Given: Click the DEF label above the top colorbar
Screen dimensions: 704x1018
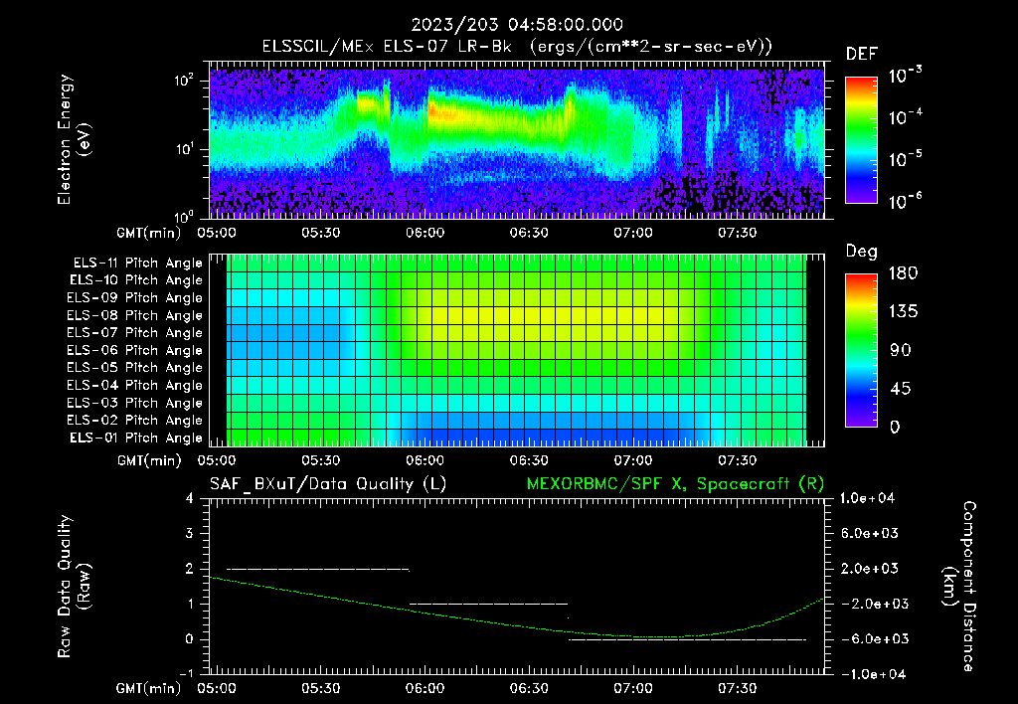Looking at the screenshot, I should pyautogui.click(x=861, y=54).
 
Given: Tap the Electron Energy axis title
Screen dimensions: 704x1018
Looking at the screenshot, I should pyautogui.click(x=75, y=139).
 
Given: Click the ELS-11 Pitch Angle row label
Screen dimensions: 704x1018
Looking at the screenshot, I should pyautogui.click(x=135, y=263).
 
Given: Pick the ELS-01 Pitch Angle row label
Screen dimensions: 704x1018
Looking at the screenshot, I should pyautogui.click(x=135, y=438).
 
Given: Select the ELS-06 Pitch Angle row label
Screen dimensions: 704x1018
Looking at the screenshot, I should pyautogui.click(x=135, y=350).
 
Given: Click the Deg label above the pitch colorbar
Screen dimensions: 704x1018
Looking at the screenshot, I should pyautogui.click(x=861, y=252).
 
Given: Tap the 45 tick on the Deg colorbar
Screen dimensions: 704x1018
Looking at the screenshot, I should pyautogui.click(x=897, y=388).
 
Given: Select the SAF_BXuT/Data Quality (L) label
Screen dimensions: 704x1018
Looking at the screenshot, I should pyautogui.click(x=327, y=483).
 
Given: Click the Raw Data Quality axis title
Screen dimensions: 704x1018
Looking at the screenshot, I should pyautogui.click(x=75, y=586).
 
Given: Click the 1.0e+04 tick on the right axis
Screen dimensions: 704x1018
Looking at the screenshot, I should pyautogui.click(x=870, y=498).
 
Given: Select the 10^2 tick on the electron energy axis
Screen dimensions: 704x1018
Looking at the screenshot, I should pyautogui.click(x=186, y=81).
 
